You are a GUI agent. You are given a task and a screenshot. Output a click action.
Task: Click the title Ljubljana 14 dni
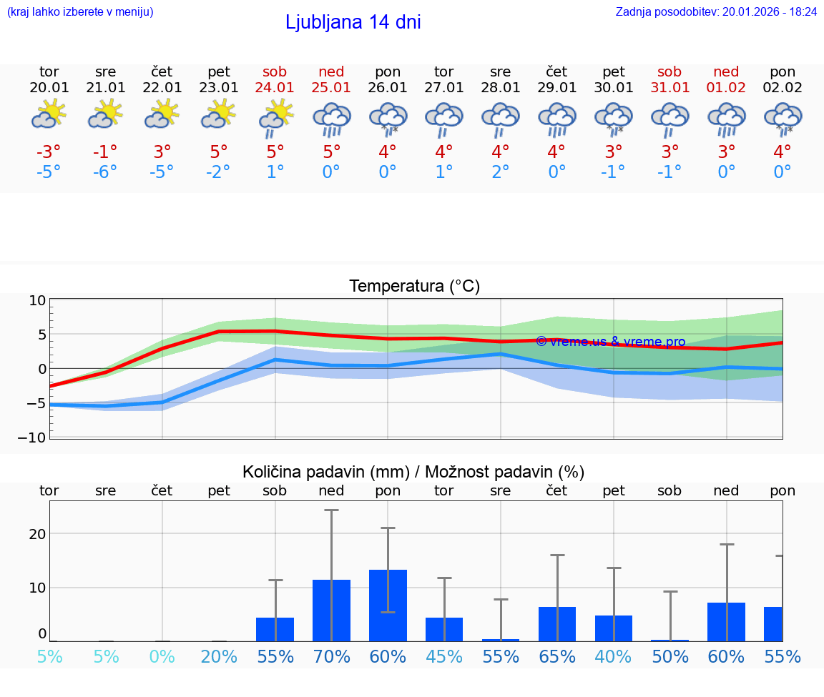click(x=353, y=22)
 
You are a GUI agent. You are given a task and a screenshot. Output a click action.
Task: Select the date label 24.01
click(x=275, y=87)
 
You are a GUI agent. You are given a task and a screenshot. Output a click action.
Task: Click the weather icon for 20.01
click(x=49, y=114)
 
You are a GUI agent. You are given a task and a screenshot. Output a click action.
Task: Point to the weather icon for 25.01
click(x=331, y=119)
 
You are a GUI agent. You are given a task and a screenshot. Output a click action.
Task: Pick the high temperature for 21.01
click(x=105, y=152)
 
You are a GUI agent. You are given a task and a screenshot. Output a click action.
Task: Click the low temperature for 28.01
click(x=500, y=172)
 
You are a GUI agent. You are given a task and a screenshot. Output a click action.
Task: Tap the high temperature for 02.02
click(x=783, y=152)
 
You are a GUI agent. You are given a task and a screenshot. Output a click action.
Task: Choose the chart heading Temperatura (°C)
click(x=414, y=286)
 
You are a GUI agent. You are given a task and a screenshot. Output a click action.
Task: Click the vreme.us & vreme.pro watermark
click(x=610, y=342)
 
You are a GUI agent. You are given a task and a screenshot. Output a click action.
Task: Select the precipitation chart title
click(x=413, y=472)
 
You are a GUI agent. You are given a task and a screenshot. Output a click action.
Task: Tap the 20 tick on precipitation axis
click(x=37, y=534)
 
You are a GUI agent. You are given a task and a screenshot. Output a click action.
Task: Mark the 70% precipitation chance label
click(x=331, y=656)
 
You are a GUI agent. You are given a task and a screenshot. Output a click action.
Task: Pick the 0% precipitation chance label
click(x=162, y=656)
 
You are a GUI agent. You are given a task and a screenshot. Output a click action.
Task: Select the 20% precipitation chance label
click(x=219, y=656)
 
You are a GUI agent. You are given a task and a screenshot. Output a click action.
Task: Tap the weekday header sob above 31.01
click(x=670, y=71)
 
